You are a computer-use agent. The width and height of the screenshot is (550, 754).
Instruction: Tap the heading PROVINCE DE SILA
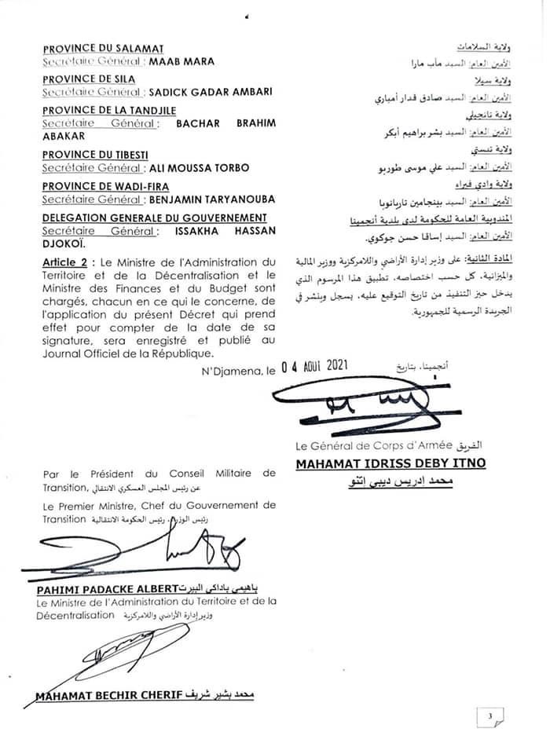click(89, 79)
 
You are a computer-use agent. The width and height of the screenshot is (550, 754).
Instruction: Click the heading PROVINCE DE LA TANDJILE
click(109, 110)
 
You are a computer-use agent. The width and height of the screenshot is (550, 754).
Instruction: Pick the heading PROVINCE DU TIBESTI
click(95, 153)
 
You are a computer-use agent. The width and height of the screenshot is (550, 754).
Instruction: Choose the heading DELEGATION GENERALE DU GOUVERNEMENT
click(154, 218)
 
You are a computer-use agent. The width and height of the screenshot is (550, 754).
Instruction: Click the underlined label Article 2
click(65, 261)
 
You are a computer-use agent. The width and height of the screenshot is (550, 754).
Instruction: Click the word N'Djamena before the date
click(233, 370)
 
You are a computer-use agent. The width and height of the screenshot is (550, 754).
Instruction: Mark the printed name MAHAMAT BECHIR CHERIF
click(108, 696)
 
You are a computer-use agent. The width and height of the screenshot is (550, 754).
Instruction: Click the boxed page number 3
click(489, 716)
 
